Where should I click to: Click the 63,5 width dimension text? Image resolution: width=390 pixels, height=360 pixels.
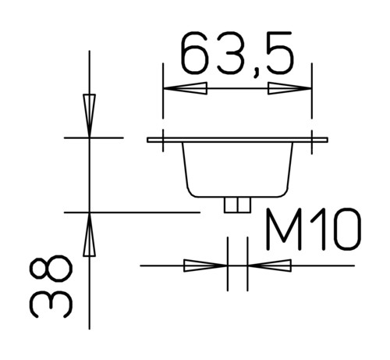click(237, 54)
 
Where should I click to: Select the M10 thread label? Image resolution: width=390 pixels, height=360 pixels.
click(314, 230)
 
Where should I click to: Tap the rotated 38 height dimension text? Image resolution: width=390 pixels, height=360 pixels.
click(50, 286)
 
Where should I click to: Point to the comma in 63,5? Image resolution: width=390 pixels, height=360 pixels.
click(257, 73)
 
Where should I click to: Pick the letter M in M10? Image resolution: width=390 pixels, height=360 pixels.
click(284, 230)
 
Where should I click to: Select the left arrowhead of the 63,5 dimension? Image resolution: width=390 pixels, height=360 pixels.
click(185, 88)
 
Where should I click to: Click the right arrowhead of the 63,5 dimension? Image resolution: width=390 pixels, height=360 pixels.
click(289, 88)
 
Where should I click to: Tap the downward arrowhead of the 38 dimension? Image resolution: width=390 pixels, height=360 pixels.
click(89, 116)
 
